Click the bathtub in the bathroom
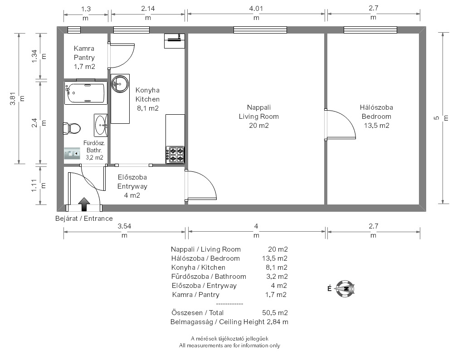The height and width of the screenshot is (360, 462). (x=86, y=93)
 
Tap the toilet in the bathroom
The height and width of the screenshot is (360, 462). (x=72, y=129)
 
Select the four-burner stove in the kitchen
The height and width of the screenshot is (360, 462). (x=175, y=155)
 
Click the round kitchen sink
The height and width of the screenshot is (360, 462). (x=120, y=84)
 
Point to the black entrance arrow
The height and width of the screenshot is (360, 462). (x=84, y=204)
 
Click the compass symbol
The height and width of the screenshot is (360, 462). (x=345, y=289)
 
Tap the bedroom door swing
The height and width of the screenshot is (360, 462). (x=340, y=124)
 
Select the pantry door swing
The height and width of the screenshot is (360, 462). (x=121, y=56)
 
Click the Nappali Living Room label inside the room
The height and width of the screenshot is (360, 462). (x=259, y=112)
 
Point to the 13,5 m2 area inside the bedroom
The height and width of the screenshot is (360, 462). (x=377, y=126)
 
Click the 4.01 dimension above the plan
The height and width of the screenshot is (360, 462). (x=256, y=9)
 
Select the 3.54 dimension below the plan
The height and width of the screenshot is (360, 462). (x=124, y=226)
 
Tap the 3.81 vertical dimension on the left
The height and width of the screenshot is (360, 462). (x=12, y=99)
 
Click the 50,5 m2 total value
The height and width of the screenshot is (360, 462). (x=275, y=312)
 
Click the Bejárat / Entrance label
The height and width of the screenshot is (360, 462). (x=84, y=219)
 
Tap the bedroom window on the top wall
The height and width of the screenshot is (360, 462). (x=370, y=30)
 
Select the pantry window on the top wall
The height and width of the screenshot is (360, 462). (x=74, y=30)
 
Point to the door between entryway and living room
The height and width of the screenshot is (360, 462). (x=201, y=185)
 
